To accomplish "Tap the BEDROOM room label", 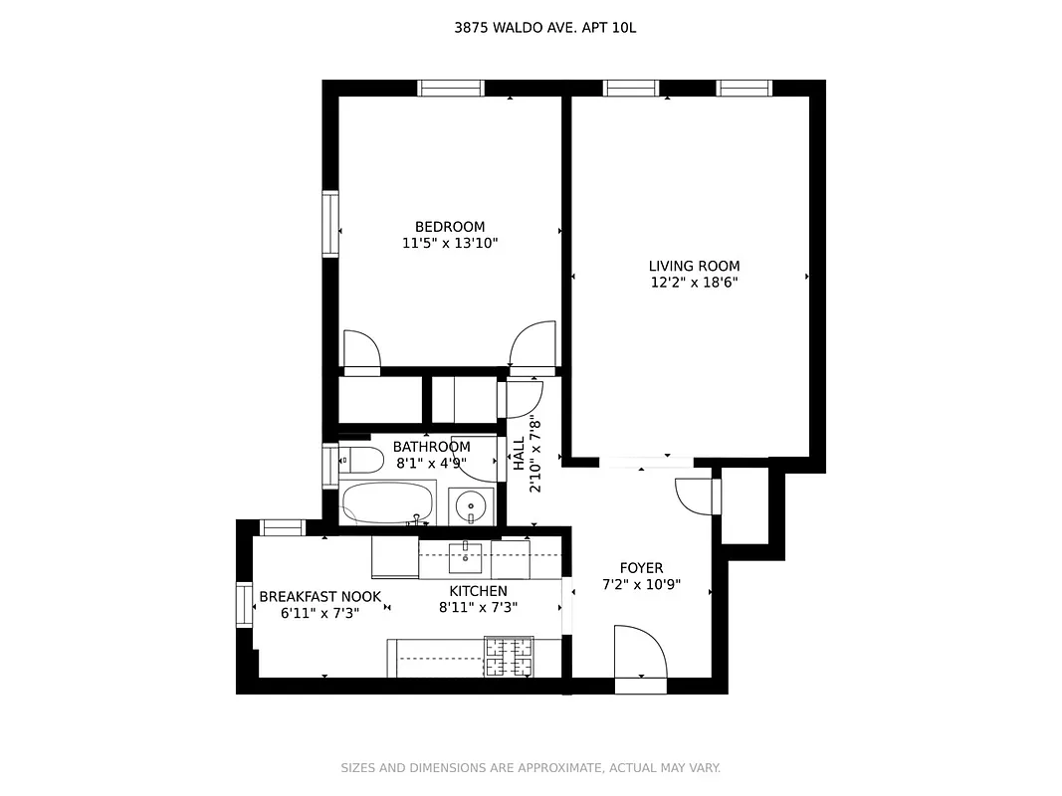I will [x=450, y=227].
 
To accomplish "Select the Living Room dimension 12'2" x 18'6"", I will [x=694, y=283].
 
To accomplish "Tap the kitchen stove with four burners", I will [x=509, y=658].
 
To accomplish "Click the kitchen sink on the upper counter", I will [x=465, y=558].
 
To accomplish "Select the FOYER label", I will [x=641, y=568].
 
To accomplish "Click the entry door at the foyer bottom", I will [x=640, y=656].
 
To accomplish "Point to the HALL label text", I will [x=520, y=455].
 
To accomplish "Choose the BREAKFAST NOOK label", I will [x=319, y=597].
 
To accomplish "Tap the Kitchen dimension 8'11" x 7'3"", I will [x=478, y=608].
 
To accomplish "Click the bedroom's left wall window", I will [x=329, y=224].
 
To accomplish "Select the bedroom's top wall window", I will [x=451, y=88].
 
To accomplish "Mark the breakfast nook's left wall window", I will [x=244, y=605].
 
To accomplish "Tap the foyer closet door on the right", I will [x=698, y=496].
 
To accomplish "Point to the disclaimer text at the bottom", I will [x=531, y=768].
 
